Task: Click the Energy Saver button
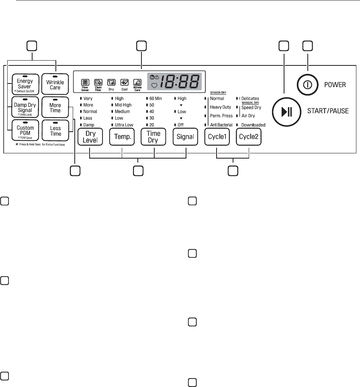(x=22, y=83)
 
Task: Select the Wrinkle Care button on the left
(x=55, y=83)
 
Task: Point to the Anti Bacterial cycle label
(x=221, y=125)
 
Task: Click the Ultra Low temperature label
(x=124, y=125)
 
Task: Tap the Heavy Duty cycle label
(x=220, y=107)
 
